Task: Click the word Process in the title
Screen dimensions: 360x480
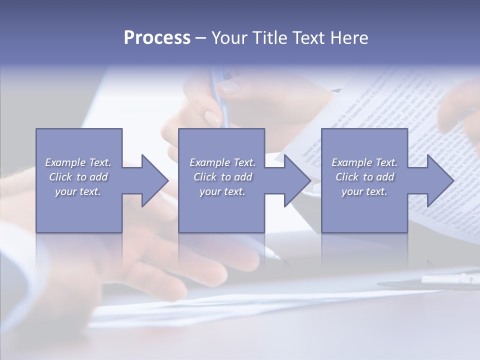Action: [x=157, y=38]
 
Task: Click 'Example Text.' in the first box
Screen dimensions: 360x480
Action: [x=78, y=162]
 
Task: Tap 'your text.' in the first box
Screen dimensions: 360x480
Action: [x=78, y=191]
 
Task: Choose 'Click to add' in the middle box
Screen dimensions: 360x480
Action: [x=222, y=177]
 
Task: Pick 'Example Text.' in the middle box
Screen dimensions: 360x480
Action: [x=222, y=162]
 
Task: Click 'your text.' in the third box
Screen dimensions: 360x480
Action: [x=364, y=191]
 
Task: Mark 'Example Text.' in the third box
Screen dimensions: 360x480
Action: [x=364, y=162]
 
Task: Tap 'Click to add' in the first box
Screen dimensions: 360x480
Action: [x=78, y=177]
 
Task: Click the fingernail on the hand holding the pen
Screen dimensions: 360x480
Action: [x=229, y=87]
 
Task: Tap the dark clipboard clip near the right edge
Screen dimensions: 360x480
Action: [x=450, y=280]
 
